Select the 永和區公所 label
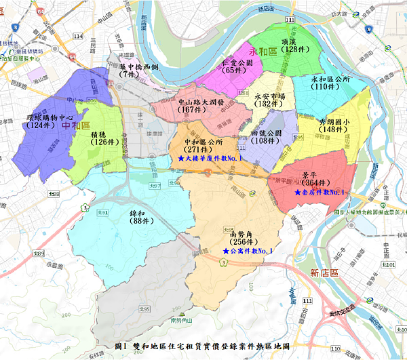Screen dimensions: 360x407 click(x=330, y=79)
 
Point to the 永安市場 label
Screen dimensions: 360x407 click(x=270, y=96)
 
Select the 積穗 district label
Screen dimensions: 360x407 click(x=100, y=134)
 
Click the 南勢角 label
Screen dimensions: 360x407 click(x=241, y=234)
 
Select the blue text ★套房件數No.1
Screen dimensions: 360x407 click(x=319, y=192)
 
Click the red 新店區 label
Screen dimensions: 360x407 click(x=323, y=273)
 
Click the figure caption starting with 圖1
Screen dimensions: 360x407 click(x=203, y=346)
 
